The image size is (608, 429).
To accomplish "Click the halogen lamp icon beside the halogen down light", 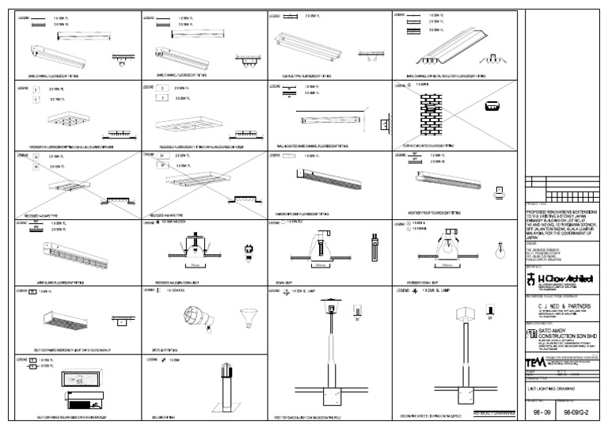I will (x=249, y=256).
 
